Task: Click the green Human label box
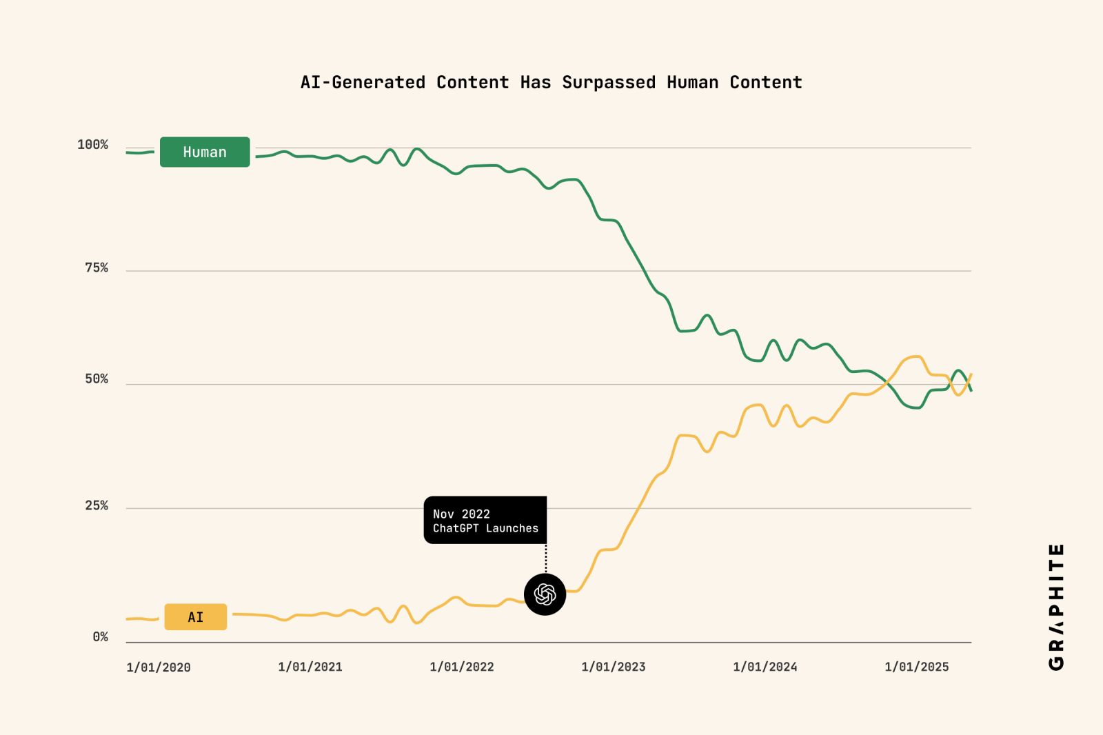(x=205, y=152)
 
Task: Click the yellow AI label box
(x=196, y=616)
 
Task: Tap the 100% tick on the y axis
(x=92, y=145)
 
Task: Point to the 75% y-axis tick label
(x=97, y=268)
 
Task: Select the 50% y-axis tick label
(x=97, y=379)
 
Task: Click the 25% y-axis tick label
(x=97, y=506)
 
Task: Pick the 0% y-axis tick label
(x=101, y=637)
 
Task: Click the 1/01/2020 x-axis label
(x=159, y=667)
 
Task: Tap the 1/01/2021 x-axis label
(x=310, y=667)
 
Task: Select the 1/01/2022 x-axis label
(x=462, y=667)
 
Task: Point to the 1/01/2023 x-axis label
(x=614, y=667)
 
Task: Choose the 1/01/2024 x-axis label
(x=765, y=667)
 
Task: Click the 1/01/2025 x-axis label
(x=917, y=667)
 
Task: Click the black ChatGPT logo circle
(x=545, y=594)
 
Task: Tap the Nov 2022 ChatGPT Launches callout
(x=485, y=521)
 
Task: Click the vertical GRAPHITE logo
(x=1056, y=607)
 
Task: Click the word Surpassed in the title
(x=609, y=83)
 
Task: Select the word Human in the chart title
(x=692, y=83)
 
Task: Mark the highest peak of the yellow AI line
(x=915, y=356)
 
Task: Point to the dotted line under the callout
(x=546, y=558)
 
